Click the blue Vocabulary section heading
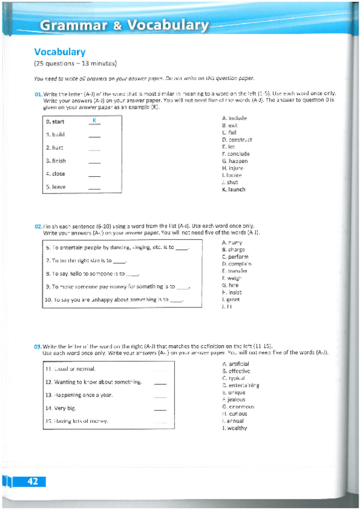pos(59,52)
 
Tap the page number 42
pos(32,481)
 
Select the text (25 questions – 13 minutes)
pos(75,64)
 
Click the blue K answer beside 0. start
pos(94,121)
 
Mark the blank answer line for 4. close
pos(94,175)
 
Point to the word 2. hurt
pos(55,147)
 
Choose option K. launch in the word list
pos(234,189)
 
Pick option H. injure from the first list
pos(233,168)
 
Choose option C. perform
pos(235,257)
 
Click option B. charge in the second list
pos(233,250)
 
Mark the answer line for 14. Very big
pos(159,409)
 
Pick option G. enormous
pos(238,407)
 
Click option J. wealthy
pos(234,428)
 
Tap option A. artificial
pos(236,364)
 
